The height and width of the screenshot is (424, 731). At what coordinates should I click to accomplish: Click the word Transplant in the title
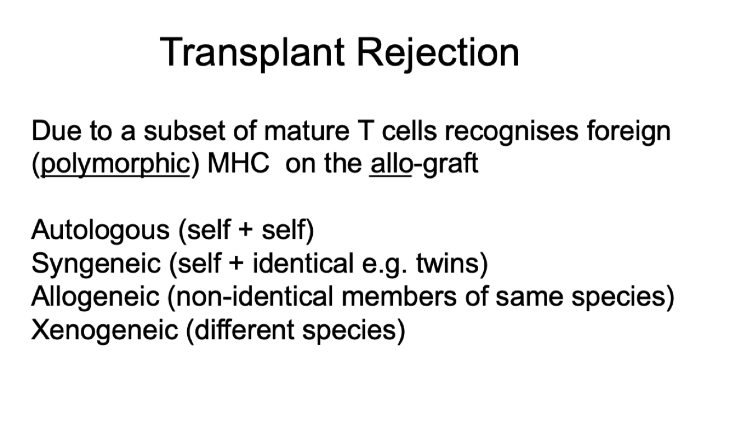[x=253, y=52]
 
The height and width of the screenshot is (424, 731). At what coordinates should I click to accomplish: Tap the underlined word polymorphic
[x=115, y=164]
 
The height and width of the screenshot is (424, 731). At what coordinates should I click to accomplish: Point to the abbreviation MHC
[x=238, y=164]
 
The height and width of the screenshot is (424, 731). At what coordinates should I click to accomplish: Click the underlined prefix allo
[x=390, y=164]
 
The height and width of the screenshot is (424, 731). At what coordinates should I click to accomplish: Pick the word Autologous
[x=100, y=231]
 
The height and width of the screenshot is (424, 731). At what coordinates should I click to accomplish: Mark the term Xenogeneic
[x=104, y=330]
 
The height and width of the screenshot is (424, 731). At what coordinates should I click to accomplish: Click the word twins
[x=450, y=264]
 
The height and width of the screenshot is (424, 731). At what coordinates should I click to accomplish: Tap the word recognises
[x=512, y=132]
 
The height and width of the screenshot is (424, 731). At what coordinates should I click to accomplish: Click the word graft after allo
[x=446, y=164]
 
